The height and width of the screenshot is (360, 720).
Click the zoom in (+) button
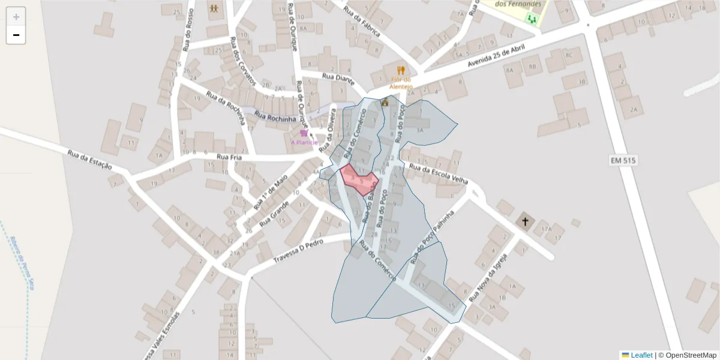(x=16, y=16)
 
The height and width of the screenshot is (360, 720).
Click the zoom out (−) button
(x=16, y=35)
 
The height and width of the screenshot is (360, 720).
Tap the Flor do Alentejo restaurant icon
(x=401, y=70)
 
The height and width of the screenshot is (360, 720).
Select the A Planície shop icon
(x=304, y=133)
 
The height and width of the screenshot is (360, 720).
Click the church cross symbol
(x=525, y=221)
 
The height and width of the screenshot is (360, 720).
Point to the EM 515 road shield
(x=622, y=161)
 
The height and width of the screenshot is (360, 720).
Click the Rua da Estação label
(x=89, y=158)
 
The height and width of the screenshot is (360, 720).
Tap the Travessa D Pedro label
(x=298, y=250)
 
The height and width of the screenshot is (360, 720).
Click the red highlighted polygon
(x=359, y=179)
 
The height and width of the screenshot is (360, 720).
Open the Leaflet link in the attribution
(x=641, y=355)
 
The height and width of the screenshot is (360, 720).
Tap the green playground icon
(x=531, y=19)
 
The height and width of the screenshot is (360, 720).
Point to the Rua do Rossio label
(x=189, y=30)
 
